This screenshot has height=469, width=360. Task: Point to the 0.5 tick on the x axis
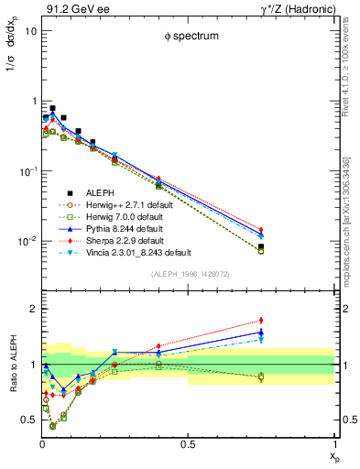pyautogui.click(x=189, y=444)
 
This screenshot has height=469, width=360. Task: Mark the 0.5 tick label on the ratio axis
pyautogui.click(x=28, y=420)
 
